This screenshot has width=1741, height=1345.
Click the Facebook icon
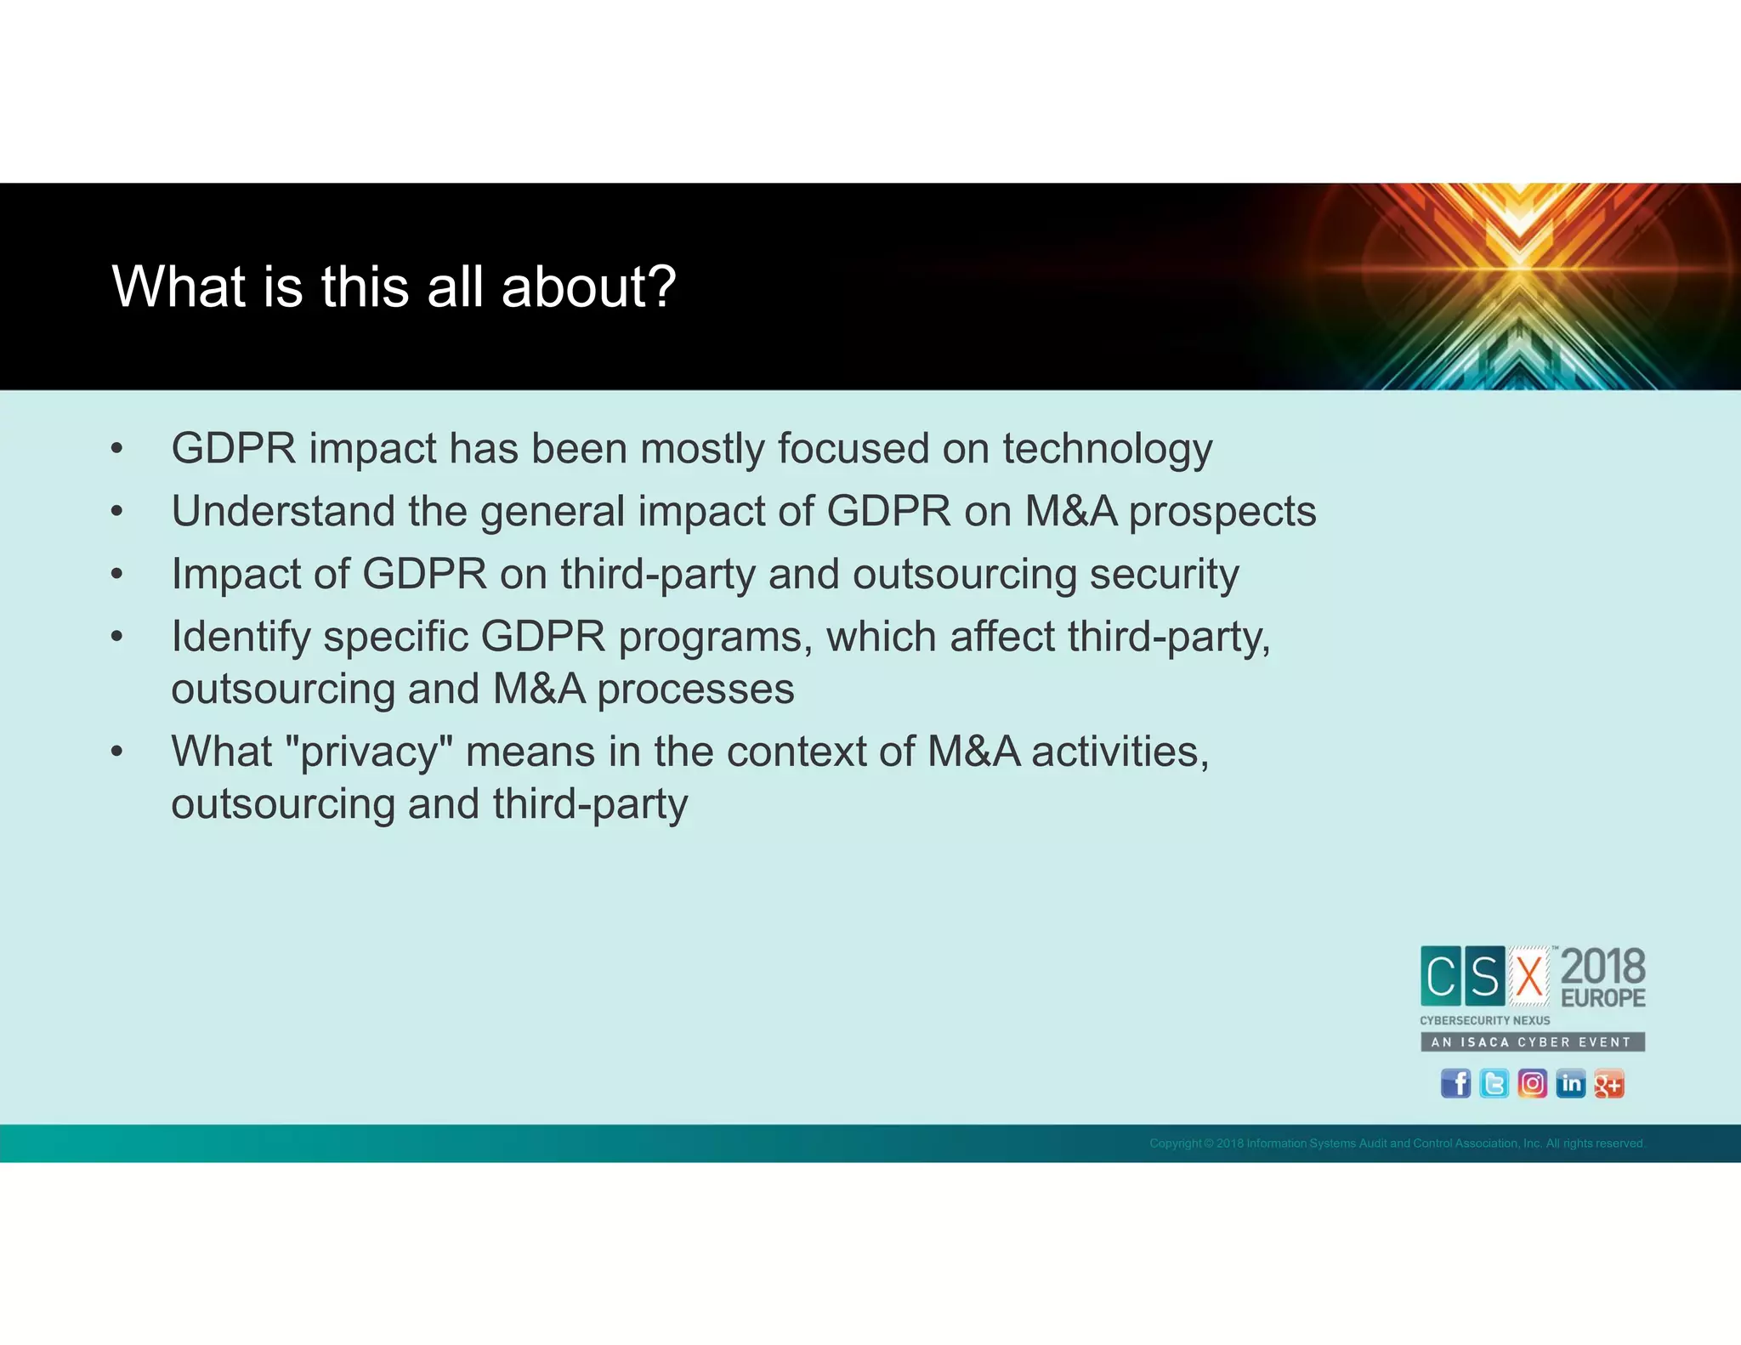pyautogui.click(x=1455, y=1083)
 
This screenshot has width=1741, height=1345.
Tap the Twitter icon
pyautogui.click(x=1494, y=1083)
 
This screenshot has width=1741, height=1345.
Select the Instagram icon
pyautogui.click(x=1532, y=1083)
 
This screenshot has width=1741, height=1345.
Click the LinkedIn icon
pyautogui.click(x=1570, y=1083)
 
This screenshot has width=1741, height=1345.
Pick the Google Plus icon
pyautogui.click(x=1608, y=1083)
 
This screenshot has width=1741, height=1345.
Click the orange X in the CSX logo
pyautogui.click(x=1529, y=976)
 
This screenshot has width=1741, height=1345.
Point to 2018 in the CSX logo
pyautogui.click(x=1603, y=967)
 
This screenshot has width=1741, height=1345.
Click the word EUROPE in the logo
pyautogui.click(x=1603, y=998)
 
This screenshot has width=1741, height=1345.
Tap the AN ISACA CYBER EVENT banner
pyautogui.click(x=1532, y=1041)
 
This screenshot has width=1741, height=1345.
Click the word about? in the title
pyautogui.click(x=588, y=287)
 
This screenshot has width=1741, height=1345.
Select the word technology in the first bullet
pyautogui.click(x=1107, y=449)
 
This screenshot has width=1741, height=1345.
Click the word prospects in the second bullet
pyautogui.click(x=1222, y=512)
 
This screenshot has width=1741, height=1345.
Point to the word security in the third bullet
pyautogui.click(x=1164, y=574)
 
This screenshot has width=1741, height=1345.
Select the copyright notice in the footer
pyautogui.click(x=1397, y=1144)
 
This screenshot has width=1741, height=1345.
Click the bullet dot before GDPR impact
pyautogui.click(x=117, y=449)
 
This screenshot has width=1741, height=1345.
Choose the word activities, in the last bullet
pyautogui.click(x=1120, y=752)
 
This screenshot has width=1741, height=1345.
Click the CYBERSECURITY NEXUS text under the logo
pyautogui.click(x=1484, y=1020)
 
